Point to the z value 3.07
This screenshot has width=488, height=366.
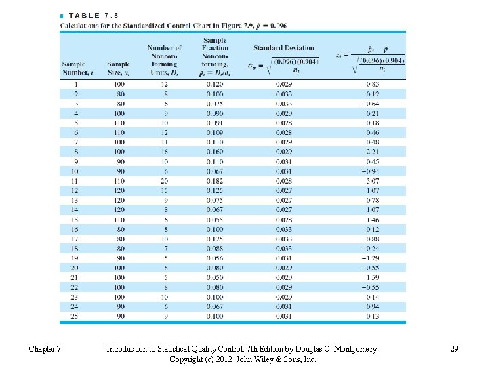click(373, 181)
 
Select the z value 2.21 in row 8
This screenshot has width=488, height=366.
click(373, 152)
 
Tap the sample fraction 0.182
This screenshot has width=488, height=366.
click(215, 181)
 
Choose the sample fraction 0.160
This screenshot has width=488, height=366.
click(215, 152)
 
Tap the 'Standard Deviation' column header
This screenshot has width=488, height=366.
click(284, 48)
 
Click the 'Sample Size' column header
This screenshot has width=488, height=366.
click(119, 68)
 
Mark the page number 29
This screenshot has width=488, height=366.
click(455, 349)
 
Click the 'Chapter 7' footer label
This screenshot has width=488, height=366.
click(45, 349)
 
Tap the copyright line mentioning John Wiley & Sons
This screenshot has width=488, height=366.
click(243, 359)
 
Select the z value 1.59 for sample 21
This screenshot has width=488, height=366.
click(373, 277)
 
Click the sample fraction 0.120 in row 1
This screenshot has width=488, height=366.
click(215, 84)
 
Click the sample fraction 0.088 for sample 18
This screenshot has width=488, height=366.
click(215, 248)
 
